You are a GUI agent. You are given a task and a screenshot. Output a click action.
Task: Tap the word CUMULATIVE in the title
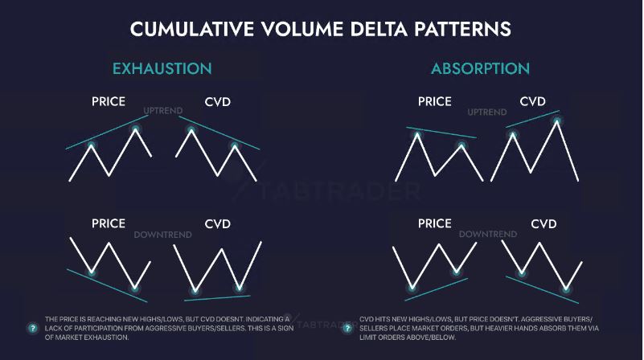coord(192,29)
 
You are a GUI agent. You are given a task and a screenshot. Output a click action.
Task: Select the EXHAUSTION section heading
coord(162,68)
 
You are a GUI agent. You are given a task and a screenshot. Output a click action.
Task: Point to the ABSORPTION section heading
coord(480,68)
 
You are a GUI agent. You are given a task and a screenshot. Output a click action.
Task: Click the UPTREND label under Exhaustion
coord(163,111)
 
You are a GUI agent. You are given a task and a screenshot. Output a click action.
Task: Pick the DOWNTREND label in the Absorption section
coord(488,234)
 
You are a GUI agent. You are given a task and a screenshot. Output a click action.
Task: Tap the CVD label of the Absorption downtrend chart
coord(544,223)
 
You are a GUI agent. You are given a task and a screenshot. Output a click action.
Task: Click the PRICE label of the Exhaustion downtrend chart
coord(109,223)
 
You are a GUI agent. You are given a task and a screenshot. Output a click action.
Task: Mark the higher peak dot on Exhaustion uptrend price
coord(136,129)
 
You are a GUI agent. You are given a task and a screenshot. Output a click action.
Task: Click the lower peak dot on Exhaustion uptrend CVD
coord(235,145)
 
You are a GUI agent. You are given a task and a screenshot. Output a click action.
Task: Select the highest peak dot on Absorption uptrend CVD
coord(557,121)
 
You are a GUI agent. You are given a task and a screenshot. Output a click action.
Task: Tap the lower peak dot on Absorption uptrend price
coord(461,145)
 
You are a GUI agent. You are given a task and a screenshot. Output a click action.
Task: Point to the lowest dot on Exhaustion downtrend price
coord(135,288)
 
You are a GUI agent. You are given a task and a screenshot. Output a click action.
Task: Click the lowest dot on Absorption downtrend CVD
coord(566,289)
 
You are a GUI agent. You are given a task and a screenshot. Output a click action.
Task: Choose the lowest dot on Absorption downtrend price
coord(412,288)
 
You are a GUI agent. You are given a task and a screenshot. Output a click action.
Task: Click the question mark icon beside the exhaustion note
coord(32,328)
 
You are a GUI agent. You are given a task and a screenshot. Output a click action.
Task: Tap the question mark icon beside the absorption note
coord(347,328)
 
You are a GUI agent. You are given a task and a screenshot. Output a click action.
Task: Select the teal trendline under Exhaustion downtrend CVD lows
coord(217,298)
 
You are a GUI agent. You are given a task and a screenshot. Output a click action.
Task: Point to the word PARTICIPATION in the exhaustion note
coord(96,329)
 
